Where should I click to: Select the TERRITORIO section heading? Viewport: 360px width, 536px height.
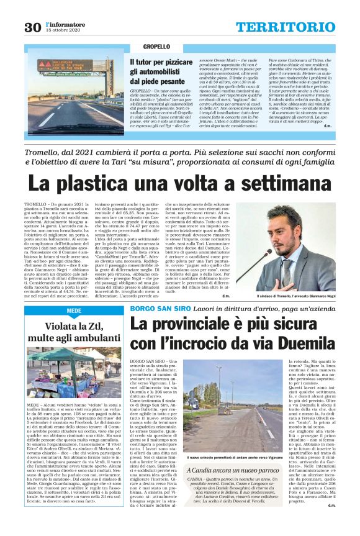[x=285, y=27]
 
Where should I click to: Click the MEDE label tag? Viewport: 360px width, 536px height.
[x=74, y=311]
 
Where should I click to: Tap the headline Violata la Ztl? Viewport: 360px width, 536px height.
[x=74, y=326]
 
